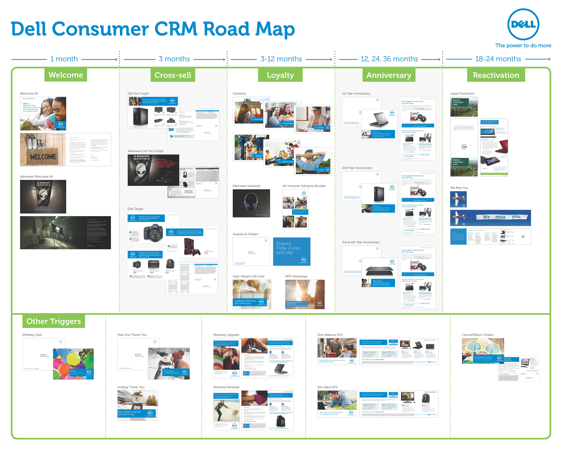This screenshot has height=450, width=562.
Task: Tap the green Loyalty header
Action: pos(280,75)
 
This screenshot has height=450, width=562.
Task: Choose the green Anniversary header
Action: pos(389,75)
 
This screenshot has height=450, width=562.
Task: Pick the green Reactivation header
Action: pos(496,75)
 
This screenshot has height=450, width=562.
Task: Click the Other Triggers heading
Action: pos(54,321)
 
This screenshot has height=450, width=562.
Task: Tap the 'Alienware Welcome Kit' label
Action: pos(36,177)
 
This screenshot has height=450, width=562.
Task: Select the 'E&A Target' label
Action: pos(135,209)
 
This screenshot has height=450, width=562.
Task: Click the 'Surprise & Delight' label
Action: pos(245,234)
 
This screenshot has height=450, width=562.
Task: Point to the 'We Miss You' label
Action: pos(459,187)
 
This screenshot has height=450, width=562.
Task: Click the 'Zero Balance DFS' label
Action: pos(330,335)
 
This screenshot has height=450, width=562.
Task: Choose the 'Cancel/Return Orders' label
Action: pos(477,335)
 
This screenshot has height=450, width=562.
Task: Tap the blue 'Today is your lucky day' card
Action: pos(291,252)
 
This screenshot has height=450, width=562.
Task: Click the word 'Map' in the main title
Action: pos(275,29)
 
